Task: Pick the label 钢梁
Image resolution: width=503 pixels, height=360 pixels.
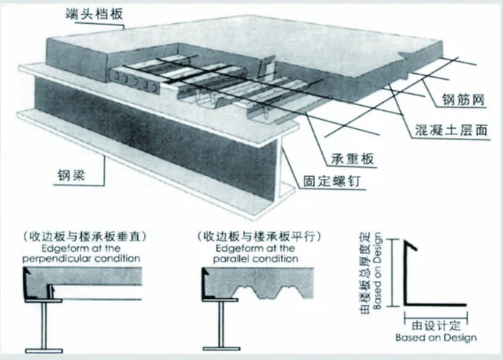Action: point(77,178)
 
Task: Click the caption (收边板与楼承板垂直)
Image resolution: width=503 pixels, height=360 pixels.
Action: point(83,236)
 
